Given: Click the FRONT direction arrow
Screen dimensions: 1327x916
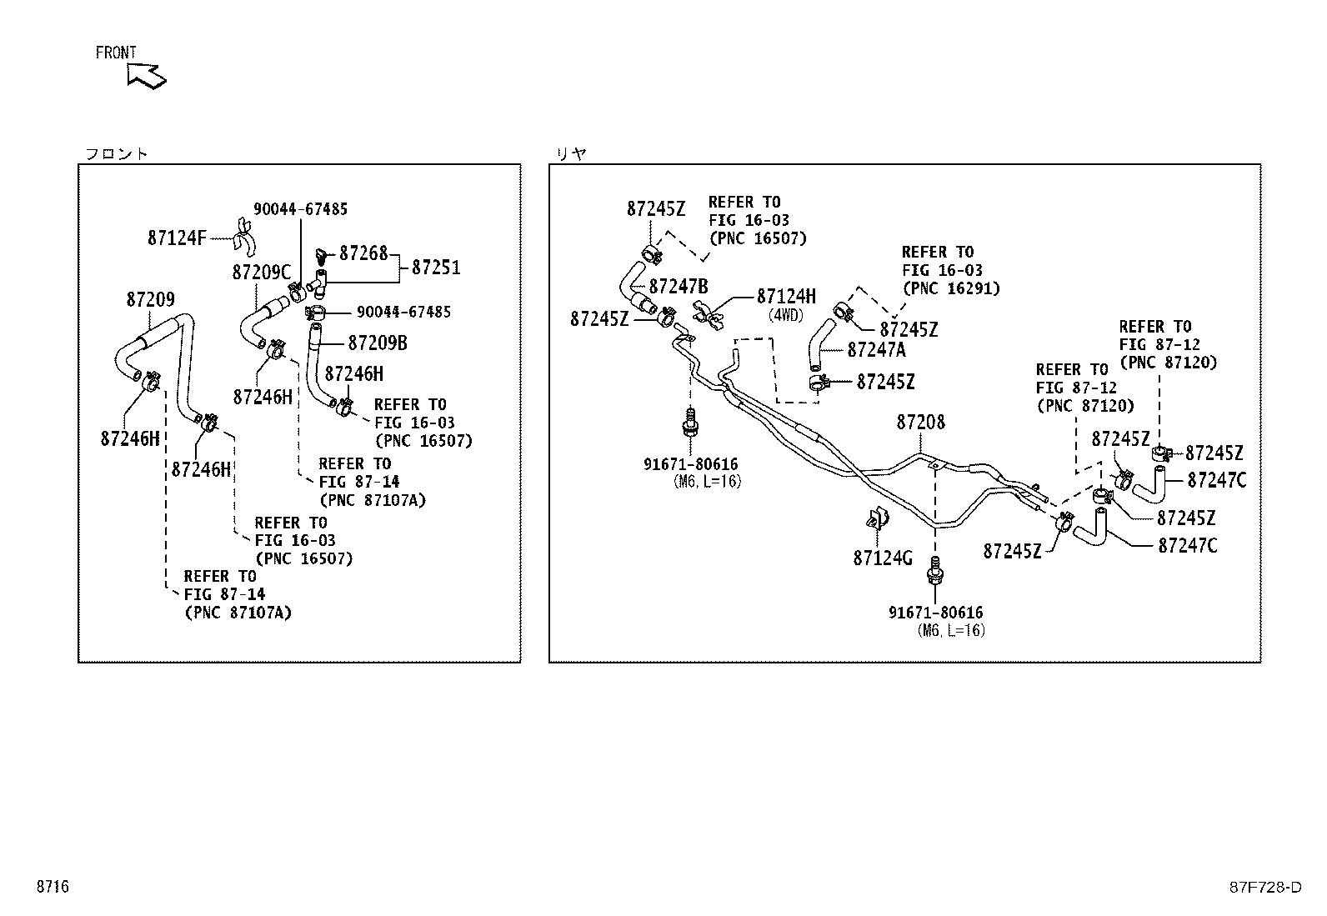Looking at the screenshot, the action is pos(147,77).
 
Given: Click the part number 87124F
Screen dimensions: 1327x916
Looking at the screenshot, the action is pos(177,238).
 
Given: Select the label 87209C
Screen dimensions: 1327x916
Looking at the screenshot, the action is pos(261,273).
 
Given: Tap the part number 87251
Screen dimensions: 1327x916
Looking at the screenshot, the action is pos(436,268).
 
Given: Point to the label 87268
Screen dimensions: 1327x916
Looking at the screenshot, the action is pos(363,253).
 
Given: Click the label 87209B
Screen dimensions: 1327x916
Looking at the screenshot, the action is pos(378,343).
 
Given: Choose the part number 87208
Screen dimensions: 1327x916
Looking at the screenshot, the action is pos(920,423).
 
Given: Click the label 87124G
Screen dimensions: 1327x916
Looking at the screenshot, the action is pos(883,558).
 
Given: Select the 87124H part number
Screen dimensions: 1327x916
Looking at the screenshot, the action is pos(786,296).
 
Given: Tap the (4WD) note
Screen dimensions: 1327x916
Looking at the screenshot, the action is pos(785,315).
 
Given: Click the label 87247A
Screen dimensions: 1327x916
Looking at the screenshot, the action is pos(876,350).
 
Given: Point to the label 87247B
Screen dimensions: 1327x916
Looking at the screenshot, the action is pos(679,287).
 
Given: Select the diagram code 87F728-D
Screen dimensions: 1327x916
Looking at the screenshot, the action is pos(1264,887).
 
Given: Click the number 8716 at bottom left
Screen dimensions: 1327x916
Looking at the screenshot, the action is pos(53,886).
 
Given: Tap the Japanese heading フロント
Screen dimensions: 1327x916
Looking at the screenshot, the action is pos(116,154).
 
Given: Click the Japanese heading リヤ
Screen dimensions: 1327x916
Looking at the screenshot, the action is pos(571,154).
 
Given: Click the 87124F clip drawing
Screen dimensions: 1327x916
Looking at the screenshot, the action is pos(243,238).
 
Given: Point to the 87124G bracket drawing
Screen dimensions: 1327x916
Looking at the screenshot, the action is pos(877,518).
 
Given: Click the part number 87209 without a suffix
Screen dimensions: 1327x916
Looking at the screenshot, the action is pos(151,300).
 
